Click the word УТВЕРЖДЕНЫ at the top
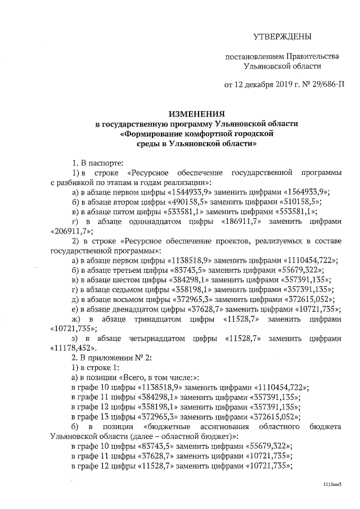pyautogui.click(x=282, y=37)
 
